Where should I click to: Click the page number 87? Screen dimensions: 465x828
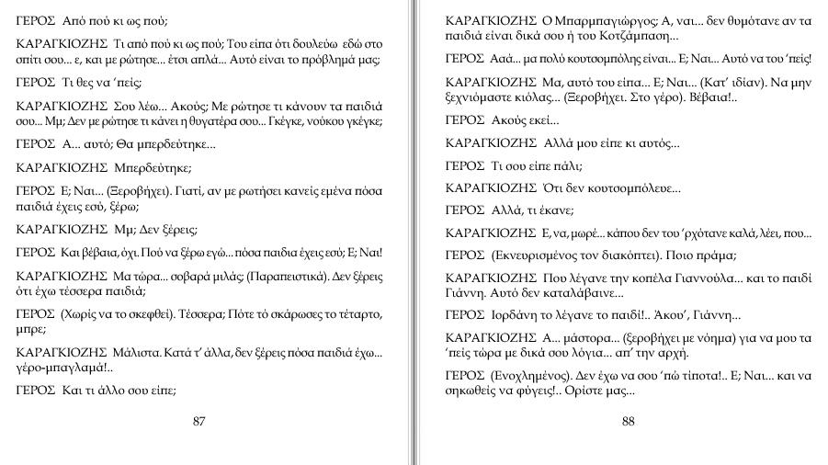point(199,422)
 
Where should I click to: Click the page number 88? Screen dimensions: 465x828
point(629,422)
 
